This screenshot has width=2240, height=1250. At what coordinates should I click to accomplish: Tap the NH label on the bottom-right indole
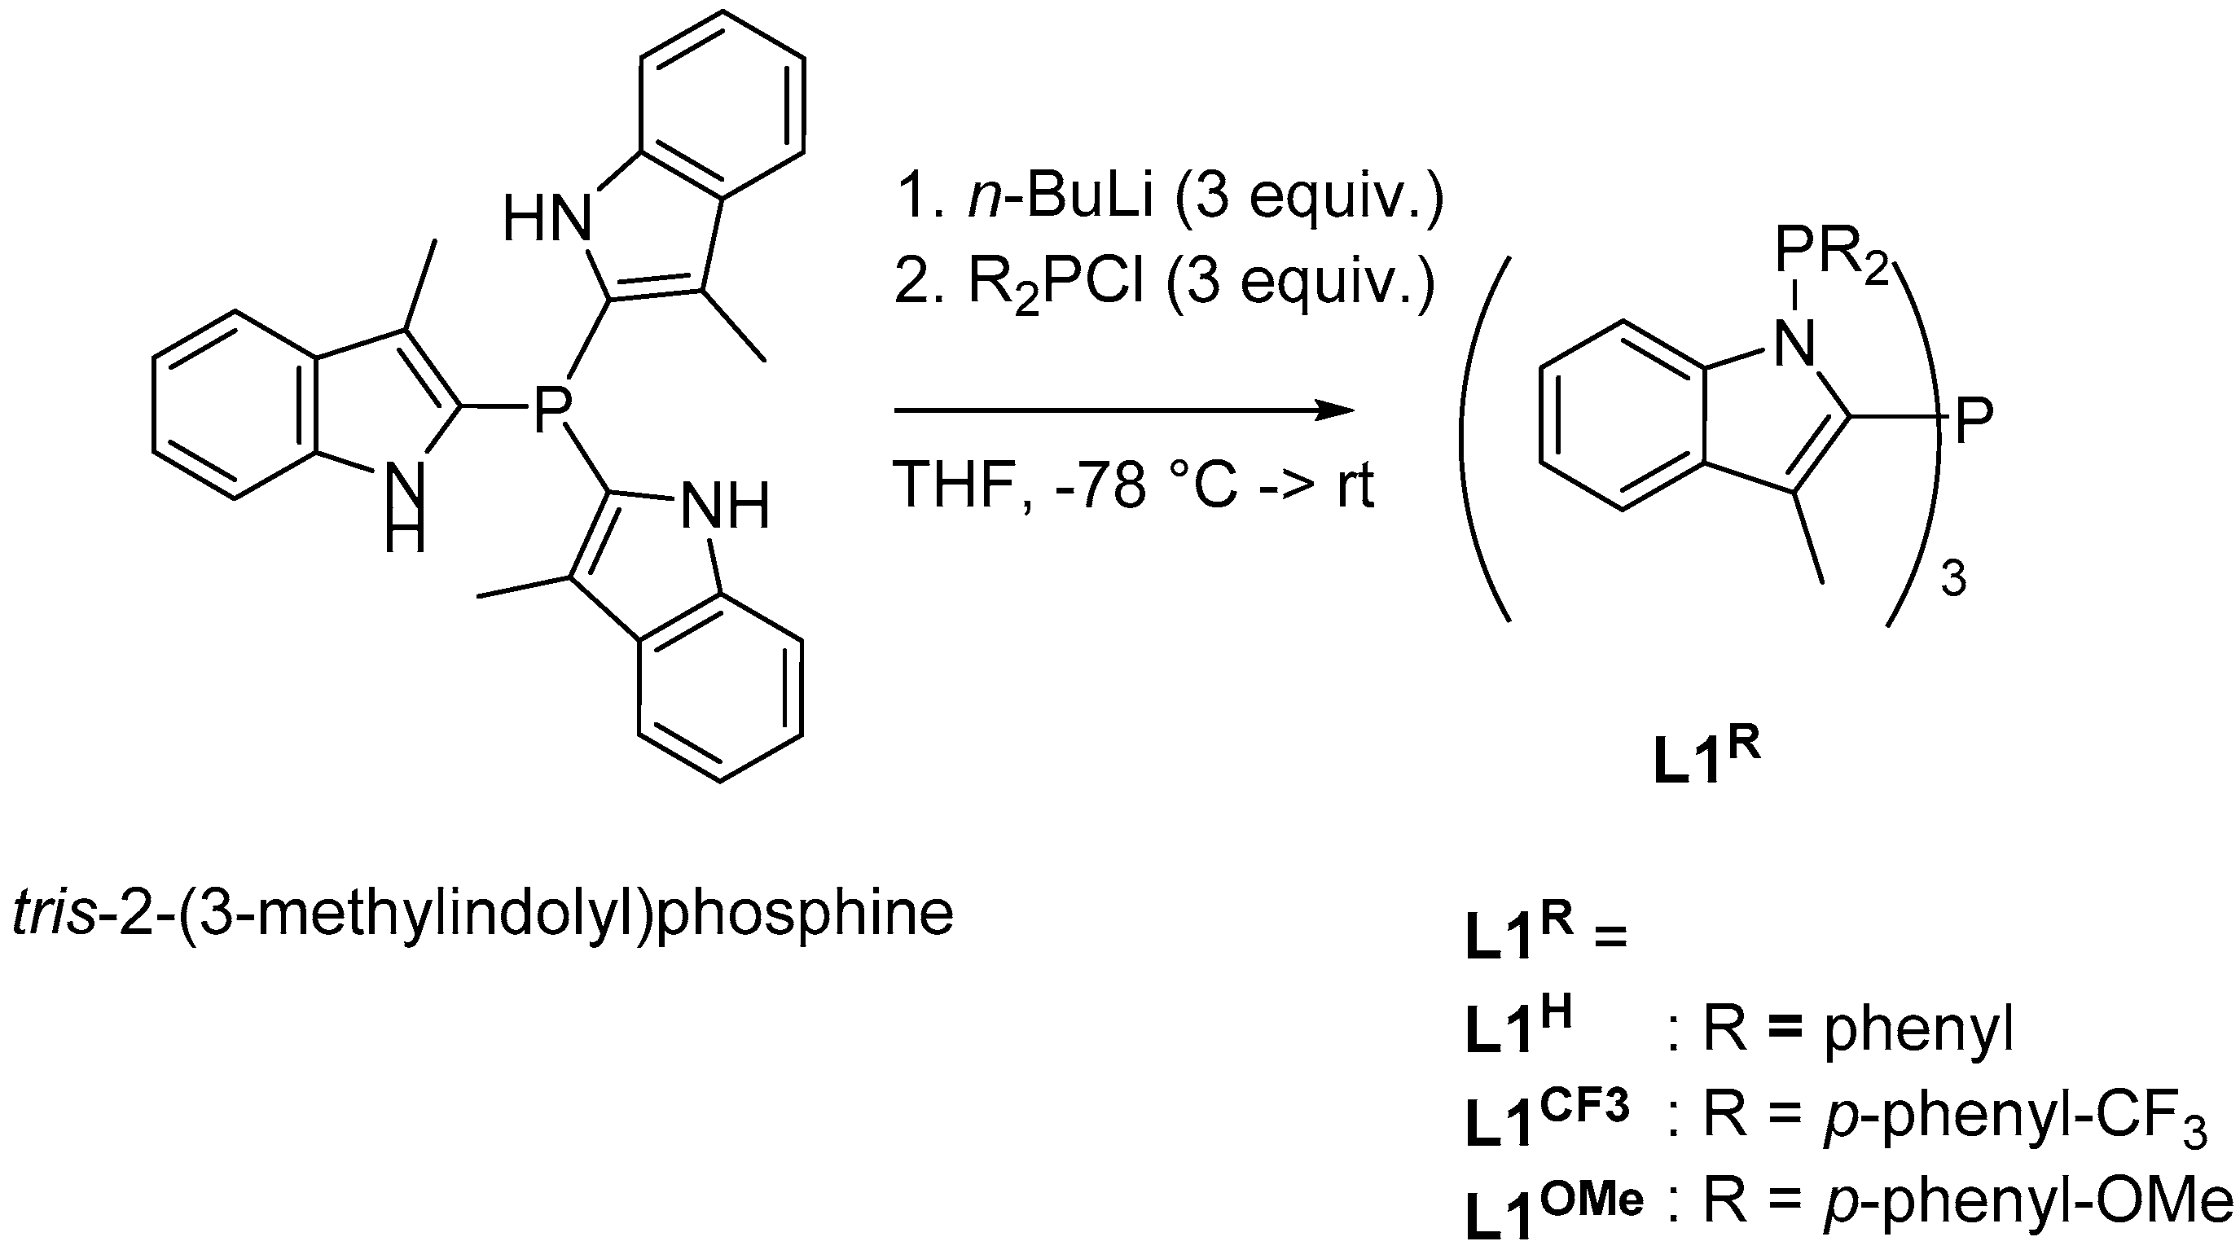point(725,506)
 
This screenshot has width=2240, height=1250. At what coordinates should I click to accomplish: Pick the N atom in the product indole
point(1794,345)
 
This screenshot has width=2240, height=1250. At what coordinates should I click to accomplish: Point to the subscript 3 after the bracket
point(1953,580)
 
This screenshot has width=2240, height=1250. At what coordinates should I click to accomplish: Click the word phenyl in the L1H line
point(1918,1031)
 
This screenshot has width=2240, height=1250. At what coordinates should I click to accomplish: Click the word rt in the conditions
point(1355,485)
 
